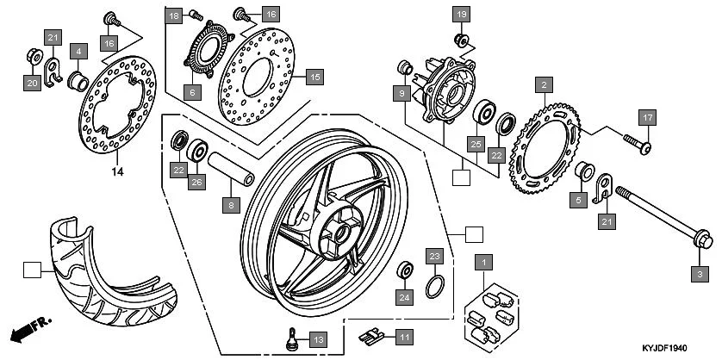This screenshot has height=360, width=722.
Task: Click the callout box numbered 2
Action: point(543,84)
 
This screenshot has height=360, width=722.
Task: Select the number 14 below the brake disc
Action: point(117,171)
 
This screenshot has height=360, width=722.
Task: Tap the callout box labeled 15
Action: point(314,77)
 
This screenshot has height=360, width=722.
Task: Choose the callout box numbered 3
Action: point(700,273)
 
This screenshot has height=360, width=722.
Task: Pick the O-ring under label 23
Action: point(436,286)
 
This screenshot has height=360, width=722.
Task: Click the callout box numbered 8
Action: point(230,205)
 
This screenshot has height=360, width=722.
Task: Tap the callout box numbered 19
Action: point(461,14)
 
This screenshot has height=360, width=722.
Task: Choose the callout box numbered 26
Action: point(196,182)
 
